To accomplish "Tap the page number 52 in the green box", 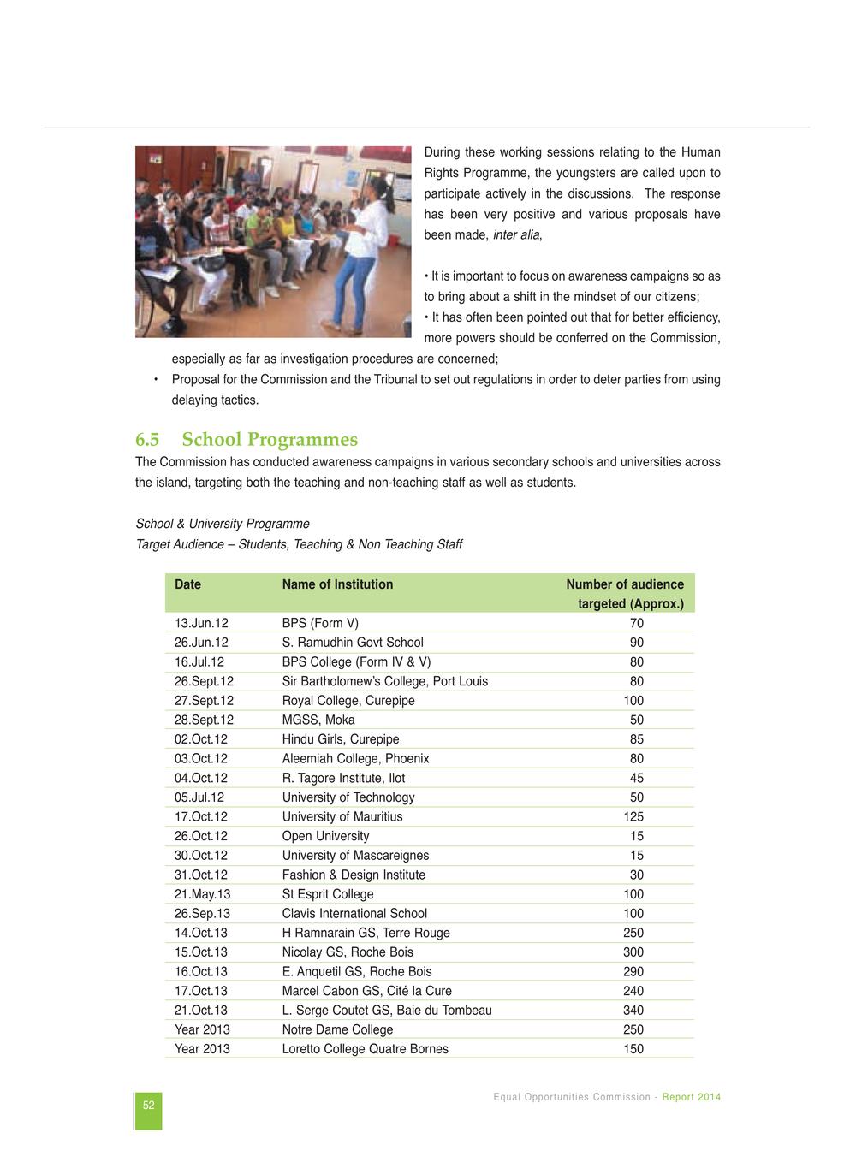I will click(x=148, y=1106).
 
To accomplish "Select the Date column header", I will click(x=187, y=584).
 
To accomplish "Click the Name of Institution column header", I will click(x=337, y=584).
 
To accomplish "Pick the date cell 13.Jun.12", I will click(x=201, y=623).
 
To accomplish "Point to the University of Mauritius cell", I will click(x=342, y=817).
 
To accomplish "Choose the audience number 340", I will click(x=633, y=1011).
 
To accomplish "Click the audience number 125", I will click(x=633, y=817).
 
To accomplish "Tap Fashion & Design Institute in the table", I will click(x=354, y=875).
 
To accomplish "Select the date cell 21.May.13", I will click(x=202, y=894).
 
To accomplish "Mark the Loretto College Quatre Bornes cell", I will click(x=365, y=1049).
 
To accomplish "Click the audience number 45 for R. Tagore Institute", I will click(x=637, y=779).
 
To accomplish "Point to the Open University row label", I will click(x=325, y=836).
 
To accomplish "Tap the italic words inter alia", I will click(x=516, y=235).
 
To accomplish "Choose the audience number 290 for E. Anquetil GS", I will click(x=633, y=972).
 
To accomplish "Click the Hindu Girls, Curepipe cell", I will click(x=341, y=739).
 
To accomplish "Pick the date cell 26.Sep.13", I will click(x=202, y=914).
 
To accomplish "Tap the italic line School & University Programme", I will click(x=223, y=524).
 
